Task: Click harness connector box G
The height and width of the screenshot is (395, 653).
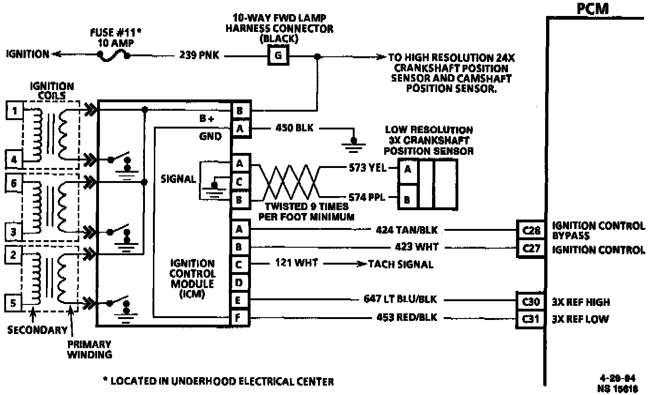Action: (278, 56)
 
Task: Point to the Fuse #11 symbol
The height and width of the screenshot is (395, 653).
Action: (114, 55)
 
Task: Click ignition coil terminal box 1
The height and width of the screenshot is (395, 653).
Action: (15, 111)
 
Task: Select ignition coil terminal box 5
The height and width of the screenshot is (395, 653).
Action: (14, 303)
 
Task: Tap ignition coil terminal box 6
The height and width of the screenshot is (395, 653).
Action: (14, 183)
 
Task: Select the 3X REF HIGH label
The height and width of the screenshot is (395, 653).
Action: (581, 303)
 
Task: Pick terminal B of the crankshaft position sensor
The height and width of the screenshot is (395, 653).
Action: (407, 200)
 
